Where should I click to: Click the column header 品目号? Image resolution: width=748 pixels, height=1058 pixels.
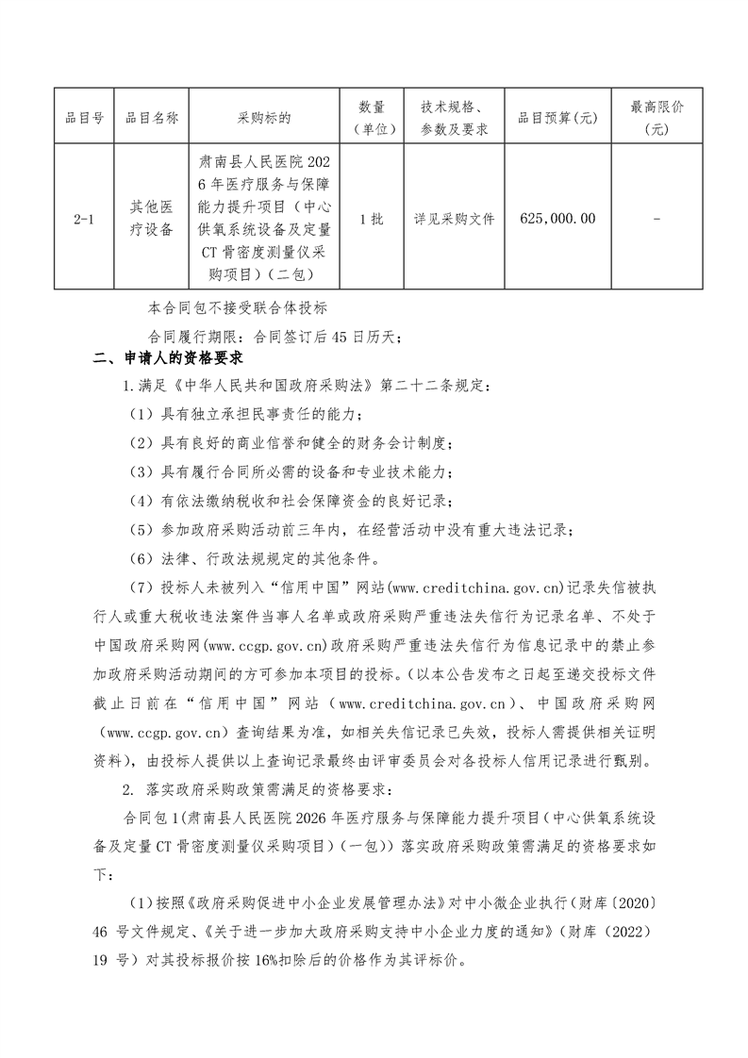point(83,118)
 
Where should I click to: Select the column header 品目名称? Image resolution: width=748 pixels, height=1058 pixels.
point(151,118)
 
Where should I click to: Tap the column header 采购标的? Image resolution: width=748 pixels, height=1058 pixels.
point(265,118)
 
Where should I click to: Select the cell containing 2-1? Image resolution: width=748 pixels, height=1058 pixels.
point(83,219)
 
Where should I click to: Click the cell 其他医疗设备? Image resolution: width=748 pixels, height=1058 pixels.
point(151,219)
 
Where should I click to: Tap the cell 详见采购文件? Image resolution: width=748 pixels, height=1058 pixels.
point(454,219)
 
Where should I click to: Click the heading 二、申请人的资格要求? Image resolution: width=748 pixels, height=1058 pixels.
point(169,359)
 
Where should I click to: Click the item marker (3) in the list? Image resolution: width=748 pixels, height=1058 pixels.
point(141,471)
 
